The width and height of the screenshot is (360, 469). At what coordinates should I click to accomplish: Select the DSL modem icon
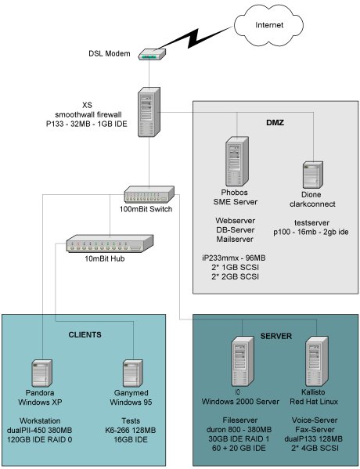(x=149, y=55)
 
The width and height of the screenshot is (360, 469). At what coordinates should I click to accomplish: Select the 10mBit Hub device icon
(x=104, y=244)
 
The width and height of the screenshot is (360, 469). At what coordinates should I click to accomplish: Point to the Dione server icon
(x=311, y=177)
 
